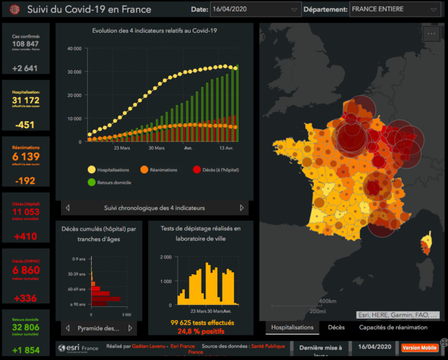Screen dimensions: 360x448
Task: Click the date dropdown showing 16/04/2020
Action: coord(256,10)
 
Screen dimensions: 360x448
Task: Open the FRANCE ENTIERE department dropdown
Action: coord(395,10)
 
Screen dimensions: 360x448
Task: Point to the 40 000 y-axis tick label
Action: coord(74,49)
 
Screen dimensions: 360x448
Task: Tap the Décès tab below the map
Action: coord(336,327)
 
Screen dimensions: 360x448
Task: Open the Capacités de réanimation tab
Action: coord(393,327)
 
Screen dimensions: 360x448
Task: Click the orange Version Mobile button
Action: coord(419,347)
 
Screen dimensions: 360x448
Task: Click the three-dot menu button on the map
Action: coord(431,33)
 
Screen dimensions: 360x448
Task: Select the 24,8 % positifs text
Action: coord(200,330)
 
